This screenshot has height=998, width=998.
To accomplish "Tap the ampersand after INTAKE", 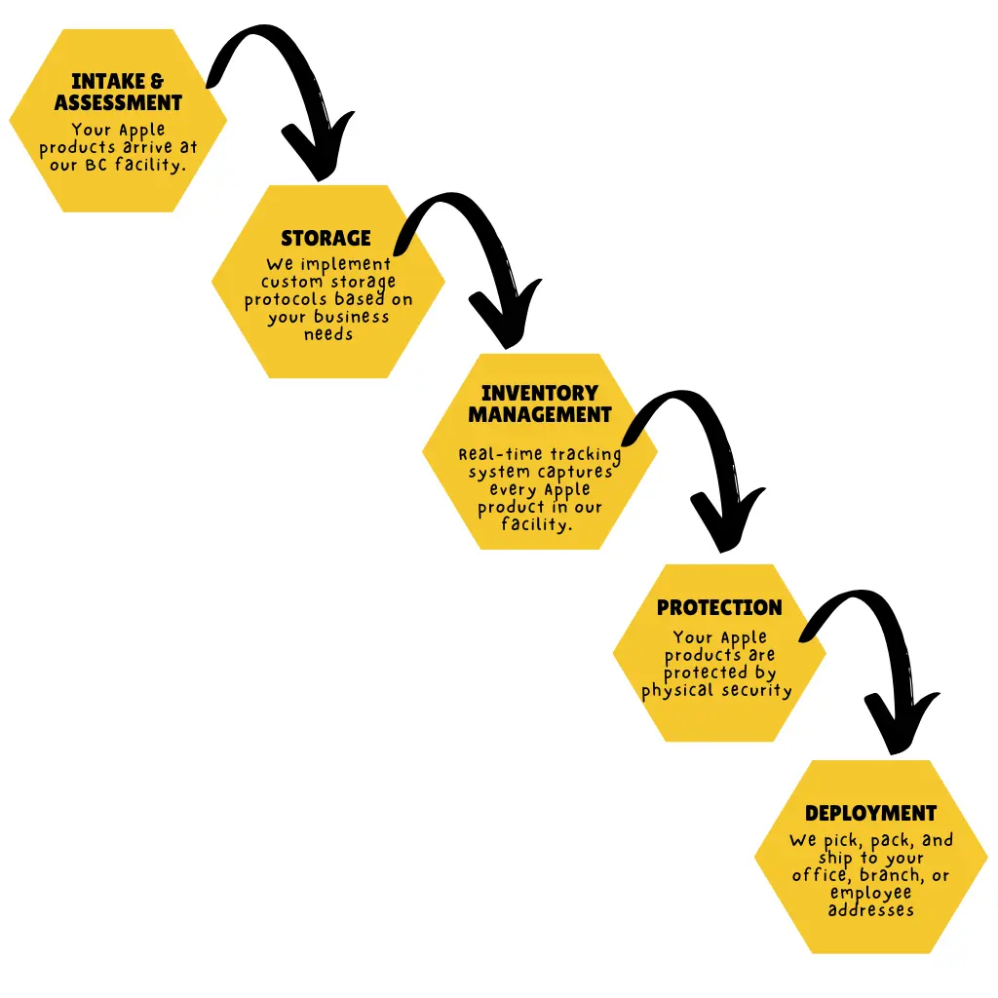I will click(157, 82).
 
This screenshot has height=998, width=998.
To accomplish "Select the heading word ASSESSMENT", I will click(118, 102).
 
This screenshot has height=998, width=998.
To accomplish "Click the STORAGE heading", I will click(326, 238).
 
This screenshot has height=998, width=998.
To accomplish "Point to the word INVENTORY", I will click(540, 393).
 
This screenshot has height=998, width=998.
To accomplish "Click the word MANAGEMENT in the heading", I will click(540, 414).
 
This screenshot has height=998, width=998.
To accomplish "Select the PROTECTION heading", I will click(719, 607).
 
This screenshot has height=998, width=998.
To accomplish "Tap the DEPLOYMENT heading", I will click(871, 813).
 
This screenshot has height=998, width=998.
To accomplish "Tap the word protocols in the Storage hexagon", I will click(284, 299).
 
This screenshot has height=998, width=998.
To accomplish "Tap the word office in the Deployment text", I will click(817, 875).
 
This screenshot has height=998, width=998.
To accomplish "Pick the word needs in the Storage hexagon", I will click(327, 334).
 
